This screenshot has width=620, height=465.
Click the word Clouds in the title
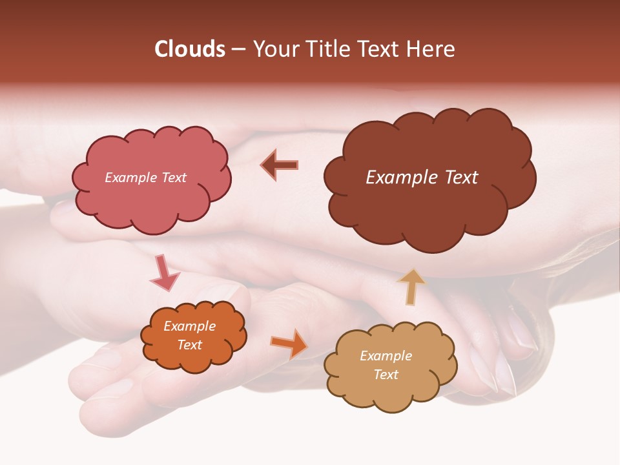click(x=190, y=49)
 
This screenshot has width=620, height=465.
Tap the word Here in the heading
click(x=430, y=49)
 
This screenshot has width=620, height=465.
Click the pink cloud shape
click(x=152, y=200)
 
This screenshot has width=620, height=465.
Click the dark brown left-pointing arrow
click(x=279, y=165)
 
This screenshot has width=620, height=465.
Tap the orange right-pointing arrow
click(x=289, y=343)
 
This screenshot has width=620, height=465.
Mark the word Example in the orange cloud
click(x=189, y=326)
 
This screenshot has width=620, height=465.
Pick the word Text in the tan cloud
click(x=386, y=375)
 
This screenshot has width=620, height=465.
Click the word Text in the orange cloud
click(x=189, y=345)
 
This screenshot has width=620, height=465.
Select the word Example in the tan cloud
click(x=386, y=356)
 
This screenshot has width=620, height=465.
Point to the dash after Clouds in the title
click(x=238, y=50)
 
